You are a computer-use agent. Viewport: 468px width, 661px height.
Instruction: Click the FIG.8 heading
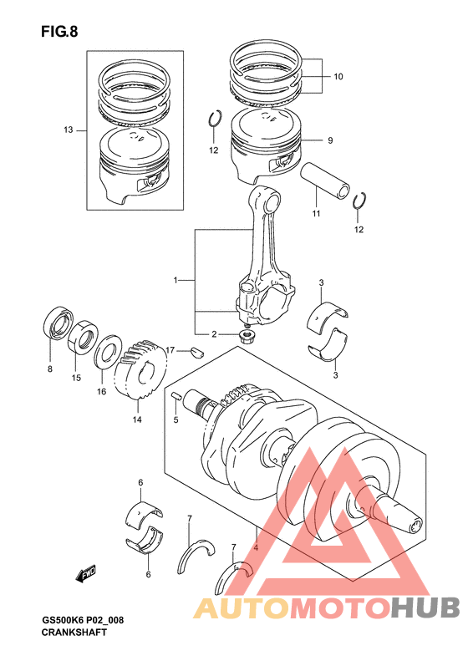coord(59,32)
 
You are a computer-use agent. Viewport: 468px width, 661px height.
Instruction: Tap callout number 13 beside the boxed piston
coord(69,130)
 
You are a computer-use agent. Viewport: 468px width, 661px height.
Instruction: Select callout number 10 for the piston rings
coord(338,77)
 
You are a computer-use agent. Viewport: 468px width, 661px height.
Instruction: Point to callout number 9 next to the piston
coord(330,140)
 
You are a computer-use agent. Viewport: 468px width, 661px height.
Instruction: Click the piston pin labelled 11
coord(324,181)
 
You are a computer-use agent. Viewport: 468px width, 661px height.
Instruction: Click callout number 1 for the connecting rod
coord(175,280)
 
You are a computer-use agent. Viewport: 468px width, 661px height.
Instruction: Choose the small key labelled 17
coord(196,351)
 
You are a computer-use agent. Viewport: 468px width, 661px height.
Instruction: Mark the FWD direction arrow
coord(86,573)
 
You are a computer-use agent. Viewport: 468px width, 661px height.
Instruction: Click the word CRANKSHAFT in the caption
coord(74,633)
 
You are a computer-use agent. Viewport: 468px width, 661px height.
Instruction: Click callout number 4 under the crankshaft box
coord(256,548)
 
